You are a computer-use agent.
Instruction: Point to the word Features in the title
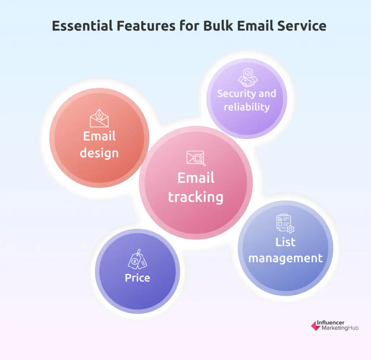tap(146, 26)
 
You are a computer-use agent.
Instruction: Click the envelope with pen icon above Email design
tap(99, 118)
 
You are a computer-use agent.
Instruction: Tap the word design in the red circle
tap(99, 153)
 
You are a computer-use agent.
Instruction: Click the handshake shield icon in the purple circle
tap(248, 78)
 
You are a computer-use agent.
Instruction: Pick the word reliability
tap(247, 107)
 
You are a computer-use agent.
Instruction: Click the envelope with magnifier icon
tap(196, 158)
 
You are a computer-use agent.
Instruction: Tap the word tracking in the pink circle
tap(196, 197)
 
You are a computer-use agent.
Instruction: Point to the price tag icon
tap(137, 259)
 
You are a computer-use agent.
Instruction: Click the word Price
tap(137, 278)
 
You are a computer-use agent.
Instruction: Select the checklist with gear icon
tap(285, 223)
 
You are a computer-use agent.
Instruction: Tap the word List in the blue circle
tap(285, 242)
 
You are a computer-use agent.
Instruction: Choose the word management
tap(285, 258)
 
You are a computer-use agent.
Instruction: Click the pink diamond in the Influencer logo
tap(316, 326)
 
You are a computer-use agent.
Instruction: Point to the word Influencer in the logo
tap(330, 323)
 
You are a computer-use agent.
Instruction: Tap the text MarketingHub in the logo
tap(340, 328)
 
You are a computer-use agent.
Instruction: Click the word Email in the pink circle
tap(196, 178)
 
